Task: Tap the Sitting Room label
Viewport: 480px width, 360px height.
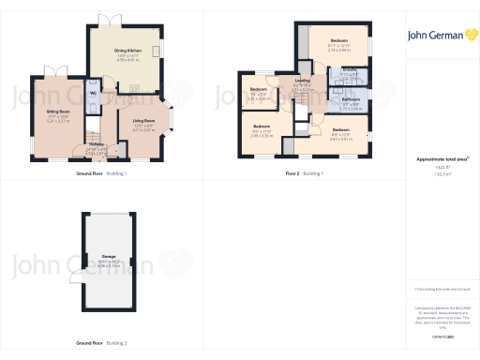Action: click(60, 111)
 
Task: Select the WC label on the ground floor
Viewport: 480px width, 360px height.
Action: click(94, 94)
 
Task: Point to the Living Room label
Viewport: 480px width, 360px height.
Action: click(143, 120)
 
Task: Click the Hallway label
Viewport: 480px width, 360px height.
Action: click(97, 143)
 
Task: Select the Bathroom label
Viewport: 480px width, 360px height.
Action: click(351, 98)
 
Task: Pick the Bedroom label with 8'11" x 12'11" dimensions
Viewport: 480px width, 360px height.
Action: click(338, 41)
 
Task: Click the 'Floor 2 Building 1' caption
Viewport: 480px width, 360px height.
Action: click(306, 173)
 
